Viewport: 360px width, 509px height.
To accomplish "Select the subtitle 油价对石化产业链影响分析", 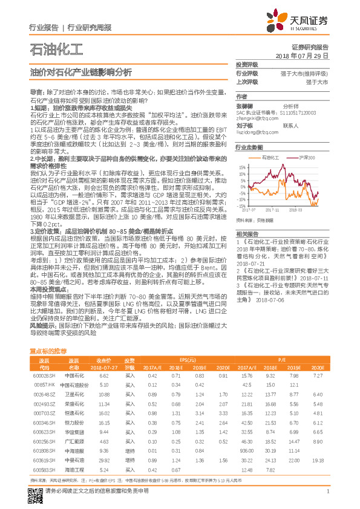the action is tap(80, 71).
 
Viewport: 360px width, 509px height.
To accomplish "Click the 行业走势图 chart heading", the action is tap(249, 147).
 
